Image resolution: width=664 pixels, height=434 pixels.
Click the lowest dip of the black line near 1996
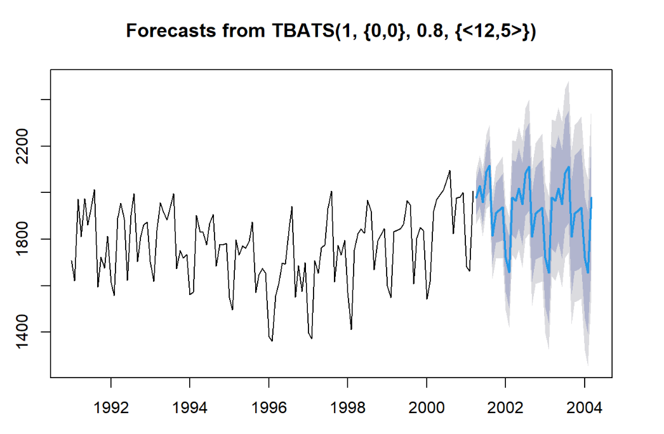pyautogui.click(x=272, y=341)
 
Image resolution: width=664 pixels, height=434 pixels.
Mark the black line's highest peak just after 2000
pyautogui.click(x=449, y=170)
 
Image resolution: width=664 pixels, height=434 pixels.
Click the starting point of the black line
pyautogui.click(x=71, y=260)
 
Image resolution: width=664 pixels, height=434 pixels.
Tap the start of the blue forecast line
pyautogui.click(x=476, y=199)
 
